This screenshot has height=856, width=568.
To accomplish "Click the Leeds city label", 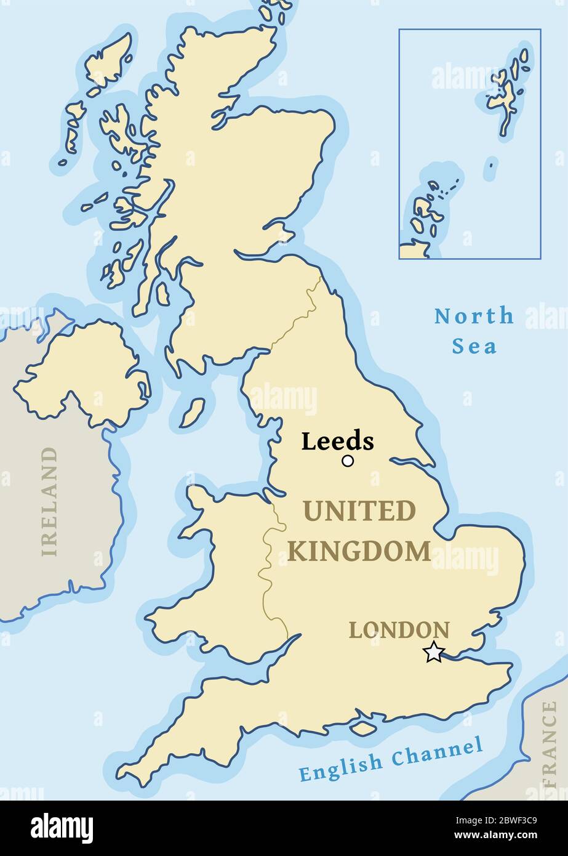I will click(337, 442).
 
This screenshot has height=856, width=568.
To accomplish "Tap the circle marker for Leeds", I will click(348, 461).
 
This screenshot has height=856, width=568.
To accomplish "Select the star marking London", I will click(434, 652).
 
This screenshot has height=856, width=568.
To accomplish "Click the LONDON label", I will click(399, 630).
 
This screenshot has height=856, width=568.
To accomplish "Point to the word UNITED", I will click(359, 511).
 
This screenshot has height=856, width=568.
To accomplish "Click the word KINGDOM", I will click(359, 551).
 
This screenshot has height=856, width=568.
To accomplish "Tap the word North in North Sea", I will click(474, 316).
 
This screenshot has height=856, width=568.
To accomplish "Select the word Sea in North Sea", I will click(474, 346).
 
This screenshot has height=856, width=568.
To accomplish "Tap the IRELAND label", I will click(49, 502).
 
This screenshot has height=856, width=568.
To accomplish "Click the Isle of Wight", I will click(363, 728).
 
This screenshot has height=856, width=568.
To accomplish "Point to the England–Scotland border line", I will click(295, 320).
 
